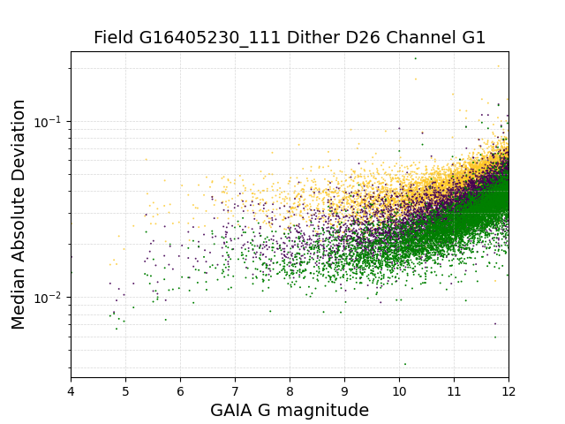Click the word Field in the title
(x=114, y=37)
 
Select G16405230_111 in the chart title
(x=210, y=38)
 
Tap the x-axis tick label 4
(x=71, y=391)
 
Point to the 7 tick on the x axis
(x=236, y=391)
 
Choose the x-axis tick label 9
(x=345, y=391)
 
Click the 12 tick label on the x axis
(x=508, y=391)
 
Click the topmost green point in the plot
(x=416, y=58)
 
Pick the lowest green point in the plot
(x=405, y=364)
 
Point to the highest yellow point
(x=498, y=66)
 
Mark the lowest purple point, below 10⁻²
(x=495, y=324)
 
